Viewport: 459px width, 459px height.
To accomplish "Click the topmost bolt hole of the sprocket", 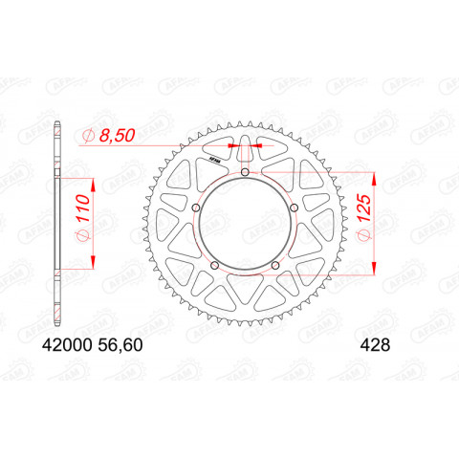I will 246,172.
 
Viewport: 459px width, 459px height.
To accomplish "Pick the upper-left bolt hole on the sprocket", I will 197,208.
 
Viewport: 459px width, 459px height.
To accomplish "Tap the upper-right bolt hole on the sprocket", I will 295,208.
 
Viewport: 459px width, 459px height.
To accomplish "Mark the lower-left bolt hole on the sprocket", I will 215,266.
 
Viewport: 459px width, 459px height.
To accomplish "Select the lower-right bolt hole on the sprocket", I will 275,266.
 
